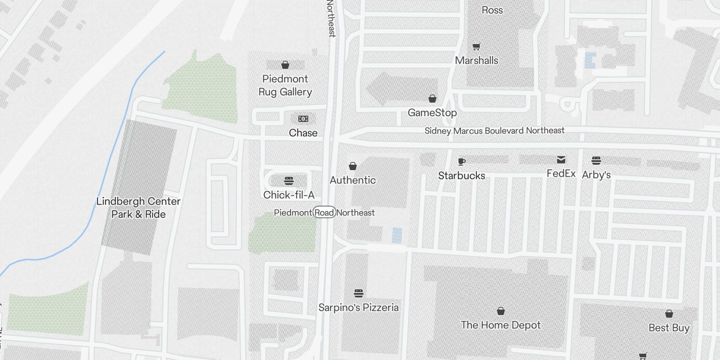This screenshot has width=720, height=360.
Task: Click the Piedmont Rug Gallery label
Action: (285, 85)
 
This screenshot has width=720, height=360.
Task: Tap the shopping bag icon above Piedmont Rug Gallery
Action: (285, 65)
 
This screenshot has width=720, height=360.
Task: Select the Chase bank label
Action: (303, 133)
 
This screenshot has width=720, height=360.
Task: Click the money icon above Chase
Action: (303, 119)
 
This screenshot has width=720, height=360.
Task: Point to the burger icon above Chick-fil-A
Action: (289, 181)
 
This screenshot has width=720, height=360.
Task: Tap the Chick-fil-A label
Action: (289, 195)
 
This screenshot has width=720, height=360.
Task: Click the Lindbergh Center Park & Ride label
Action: (139, 207)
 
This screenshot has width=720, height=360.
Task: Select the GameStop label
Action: (432, 112)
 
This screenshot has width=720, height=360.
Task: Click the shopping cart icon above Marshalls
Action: (477, 46)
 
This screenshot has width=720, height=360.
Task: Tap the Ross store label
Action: (492, 10)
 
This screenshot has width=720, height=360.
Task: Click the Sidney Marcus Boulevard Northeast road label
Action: (494, 130)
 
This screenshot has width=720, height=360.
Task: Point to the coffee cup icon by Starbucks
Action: (461, 162)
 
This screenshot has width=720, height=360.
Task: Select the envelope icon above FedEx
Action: (561, 160)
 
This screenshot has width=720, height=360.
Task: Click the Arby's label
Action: (596, 175)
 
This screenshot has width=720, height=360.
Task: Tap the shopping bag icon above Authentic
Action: (353, 166)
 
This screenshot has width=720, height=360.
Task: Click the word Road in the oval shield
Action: (324, 212)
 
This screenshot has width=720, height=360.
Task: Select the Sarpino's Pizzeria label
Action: (358, 307)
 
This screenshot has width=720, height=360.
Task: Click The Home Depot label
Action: (500, 325)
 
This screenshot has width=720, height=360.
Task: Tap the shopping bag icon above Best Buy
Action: (669, 314)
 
